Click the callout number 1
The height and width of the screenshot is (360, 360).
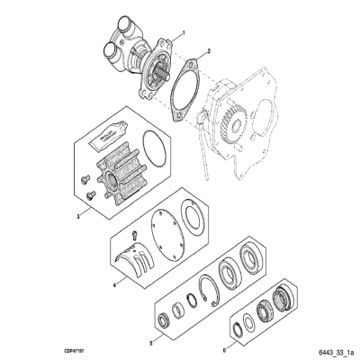click(184, 32)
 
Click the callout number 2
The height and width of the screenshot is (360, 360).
click(210, 51)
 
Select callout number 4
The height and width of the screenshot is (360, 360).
click(114, 284)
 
